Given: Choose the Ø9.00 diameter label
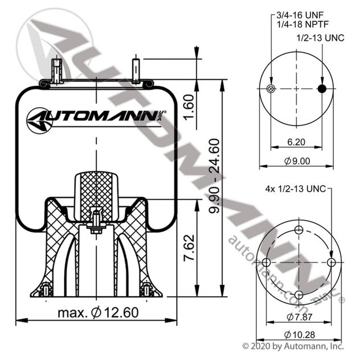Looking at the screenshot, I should pos(296,161).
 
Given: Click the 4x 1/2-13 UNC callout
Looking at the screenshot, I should pos(294,189).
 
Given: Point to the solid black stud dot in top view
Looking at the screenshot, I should pos(322,88).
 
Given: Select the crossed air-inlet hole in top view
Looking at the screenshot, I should pos(271,88).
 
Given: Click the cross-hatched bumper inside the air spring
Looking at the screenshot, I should pos(96,188).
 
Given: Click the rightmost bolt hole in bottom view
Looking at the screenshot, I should pos(332,262).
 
